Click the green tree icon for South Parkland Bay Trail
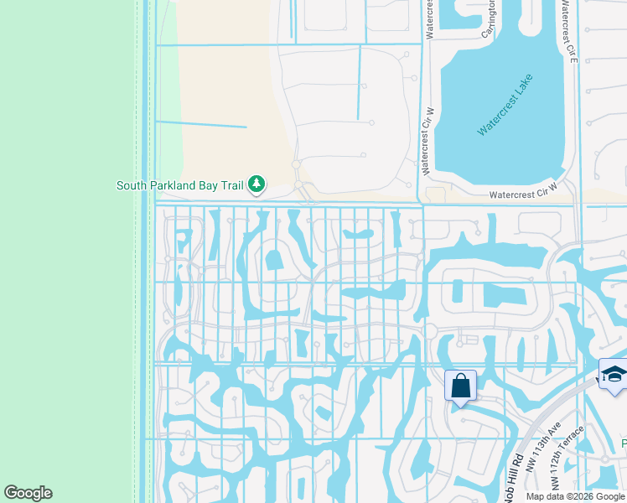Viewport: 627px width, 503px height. click(x=256, y=184)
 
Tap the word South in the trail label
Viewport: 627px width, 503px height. click(x=132, y=185)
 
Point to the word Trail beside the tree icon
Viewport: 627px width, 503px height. click(x=230, y=185)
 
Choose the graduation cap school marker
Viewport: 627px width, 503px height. click(x=614, y=374)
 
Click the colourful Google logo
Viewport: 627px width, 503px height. click(x=28, y=493)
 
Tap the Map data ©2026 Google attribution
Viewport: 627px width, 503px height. click(x=575, y=496)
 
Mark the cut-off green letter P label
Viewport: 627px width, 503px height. click(x=623, y=442)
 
